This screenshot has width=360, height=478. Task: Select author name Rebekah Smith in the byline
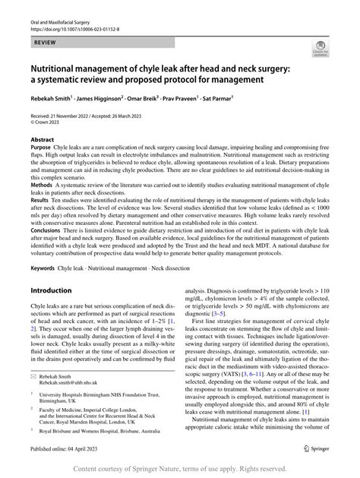50,99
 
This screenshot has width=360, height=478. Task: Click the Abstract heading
42,139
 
